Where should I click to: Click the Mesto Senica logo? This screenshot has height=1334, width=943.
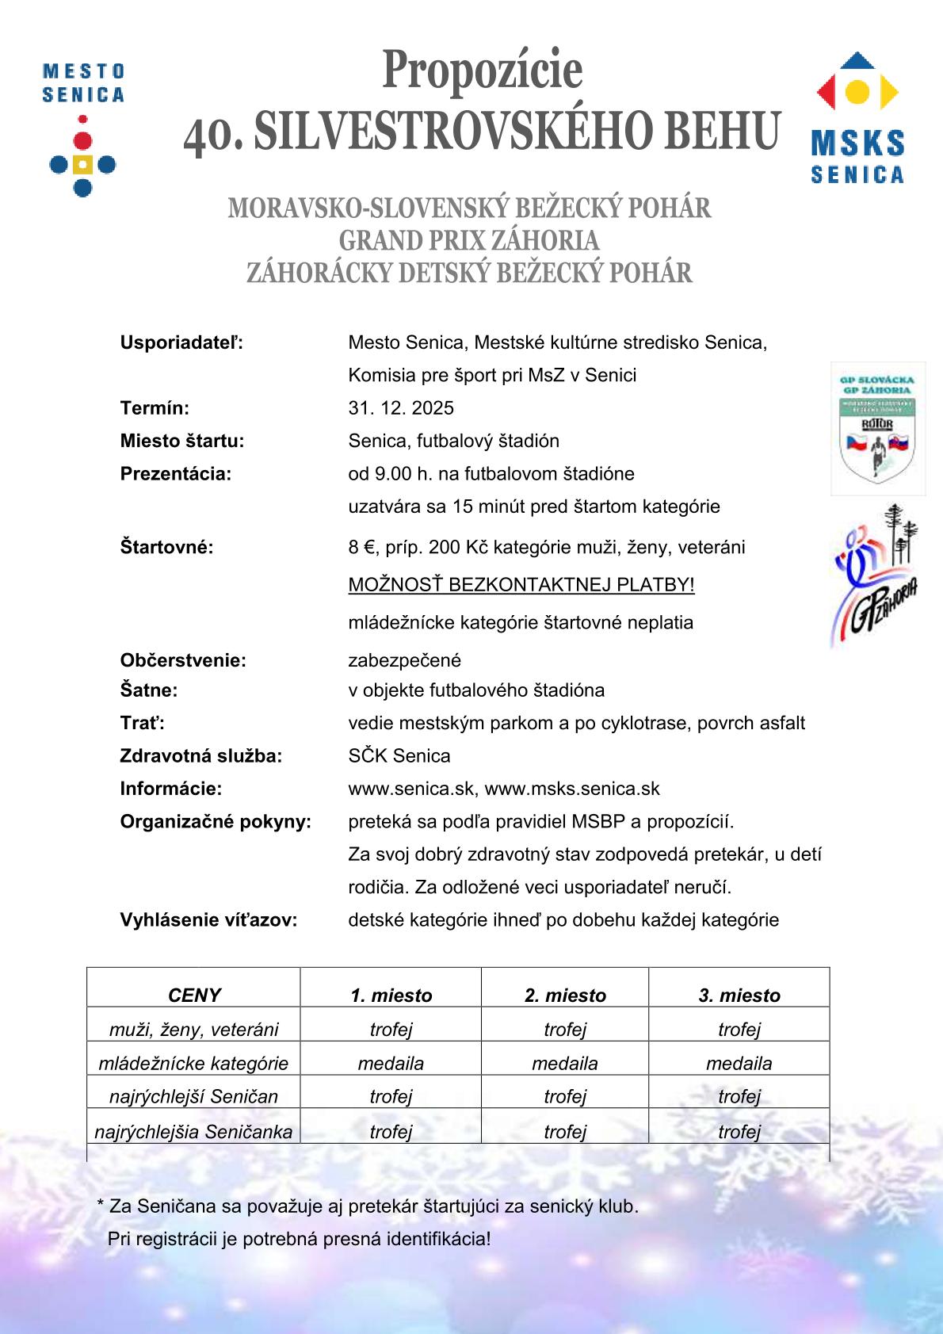82,131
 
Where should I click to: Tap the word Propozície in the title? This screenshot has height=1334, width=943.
482,70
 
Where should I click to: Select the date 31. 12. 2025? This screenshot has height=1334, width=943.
401,408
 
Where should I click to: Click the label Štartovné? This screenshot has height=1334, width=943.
166,547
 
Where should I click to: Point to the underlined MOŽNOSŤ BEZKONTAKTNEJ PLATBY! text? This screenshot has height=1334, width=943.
521,585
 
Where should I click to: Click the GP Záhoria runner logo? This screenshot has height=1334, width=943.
876,575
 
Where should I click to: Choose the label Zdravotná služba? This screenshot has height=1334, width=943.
200,756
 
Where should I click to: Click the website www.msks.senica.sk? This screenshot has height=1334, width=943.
572,789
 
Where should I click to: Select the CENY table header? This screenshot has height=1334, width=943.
194,996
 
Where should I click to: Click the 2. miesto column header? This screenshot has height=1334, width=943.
565,996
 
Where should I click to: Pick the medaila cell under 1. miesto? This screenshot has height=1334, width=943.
391,1063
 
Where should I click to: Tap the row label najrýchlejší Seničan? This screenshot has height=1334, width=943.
194,1097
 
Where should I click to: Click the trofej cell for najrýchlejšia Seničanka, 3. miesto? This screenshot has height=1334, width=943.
739,1132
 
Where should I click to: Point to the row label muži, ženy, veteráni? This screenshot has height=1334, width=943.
194,1030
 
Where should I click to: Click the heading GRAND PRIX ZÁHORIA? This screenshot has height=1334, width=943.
469,240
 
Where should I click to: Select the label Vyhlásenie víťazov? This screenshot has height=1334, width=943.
208,920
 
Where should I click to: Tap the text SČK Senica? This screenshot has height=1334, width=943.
399,756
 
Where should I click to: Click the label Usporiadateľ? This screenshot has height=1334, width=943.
181,342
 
